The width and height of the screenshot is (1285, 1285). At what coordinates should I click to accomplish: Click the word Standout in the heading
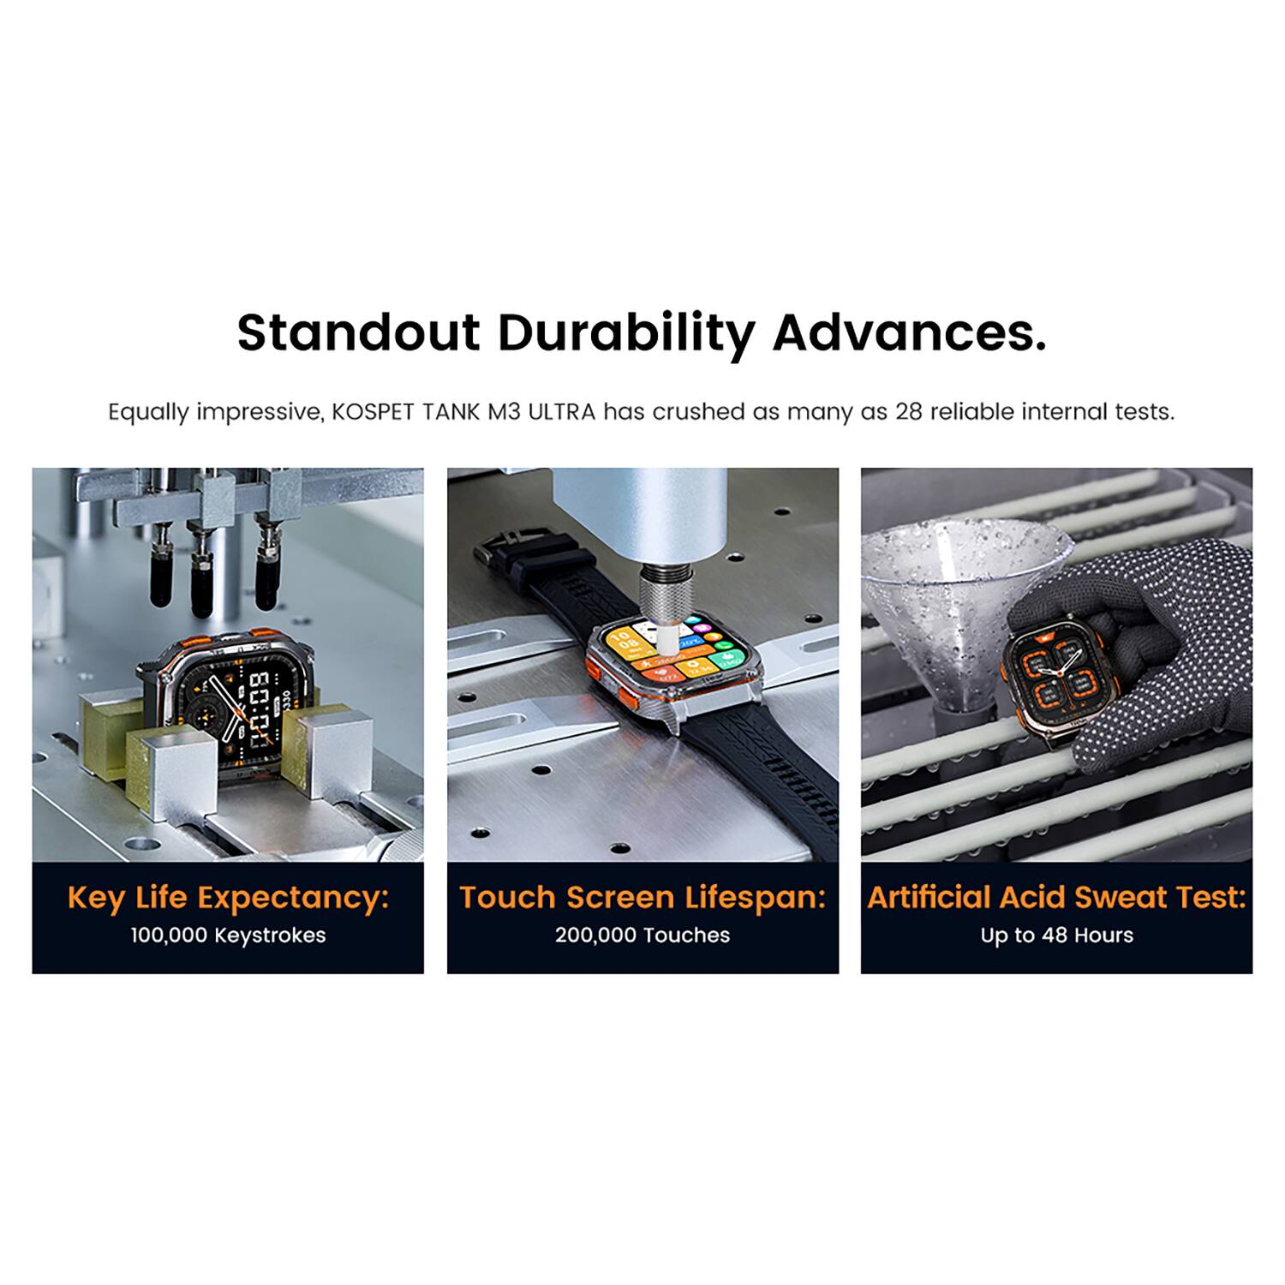pos(357,332)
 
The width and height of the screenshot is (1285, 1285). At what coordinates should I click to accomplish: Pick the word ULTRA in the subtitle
pos(561,412)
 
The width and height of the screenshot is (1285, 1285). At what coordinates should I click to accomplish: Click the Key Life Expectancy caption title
pos(228,897)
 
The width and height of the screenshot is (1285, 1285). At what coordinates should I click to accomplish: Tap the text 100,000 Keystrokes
pos(228,935)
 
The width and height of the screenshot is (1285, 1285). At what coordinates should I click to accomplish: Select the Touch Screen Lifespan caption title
pos(642,897)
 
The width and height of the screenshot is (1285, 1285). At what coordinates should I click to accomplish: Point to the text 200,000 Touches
pos(642,935)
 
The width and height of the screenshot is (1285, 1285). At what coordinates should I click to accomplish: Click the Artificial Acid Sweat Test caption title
pos(1056,897)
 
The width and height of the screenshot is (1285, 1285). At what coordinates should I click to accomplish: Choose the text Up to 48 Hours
pos(1056,935)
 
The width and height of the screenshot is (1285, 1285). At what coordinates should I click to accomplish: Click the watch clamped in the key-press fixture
pos(227,698)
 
